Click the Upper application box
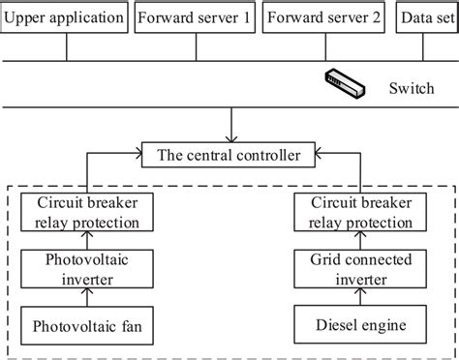[65, 17]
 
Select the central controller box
[229, 152]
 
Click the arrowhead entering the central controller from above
[229, 135]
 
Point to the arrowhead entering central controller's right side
[321, 152]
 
